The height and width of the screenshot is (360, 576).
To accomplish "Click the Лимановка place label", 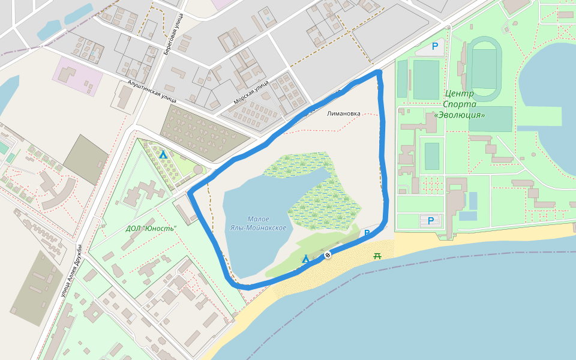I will point(344,113).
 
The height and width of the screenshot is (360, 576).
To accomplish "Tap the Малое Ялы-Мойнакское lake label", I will point(258,223).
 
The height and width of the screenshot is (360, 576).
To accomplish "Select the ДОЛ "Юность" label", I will point(151,229).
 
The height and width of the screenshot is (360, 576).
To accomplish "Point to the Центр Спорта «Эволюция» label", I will point(460,104).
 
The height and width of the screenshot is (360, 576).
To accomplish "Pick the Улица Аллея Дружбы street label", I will point(71,271).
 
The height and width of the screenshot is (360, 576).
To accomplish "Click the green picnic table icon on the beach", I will point(377,256).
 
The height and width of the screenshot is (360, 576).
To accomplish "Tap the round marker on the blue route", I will point(328,255).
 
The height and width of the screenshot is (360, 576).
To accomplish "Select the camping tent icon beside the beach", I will point(305,259).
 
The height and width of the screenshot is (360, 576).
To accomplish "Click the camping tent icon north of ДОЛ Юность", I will point(163,154).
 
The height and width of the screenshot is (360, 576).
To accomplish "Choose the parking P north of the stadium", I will point(435,46).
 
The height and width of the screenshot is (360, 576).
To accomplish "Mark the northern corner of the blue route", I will point(379,72).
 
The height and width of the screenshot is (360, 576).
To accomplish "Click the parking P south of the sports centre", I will point(430,221).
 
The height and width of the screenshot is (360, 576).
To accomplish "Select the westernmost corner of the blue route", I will point(190,193).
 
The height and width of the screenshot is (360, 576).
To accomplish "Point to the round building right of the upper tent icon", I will point(198,170).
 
